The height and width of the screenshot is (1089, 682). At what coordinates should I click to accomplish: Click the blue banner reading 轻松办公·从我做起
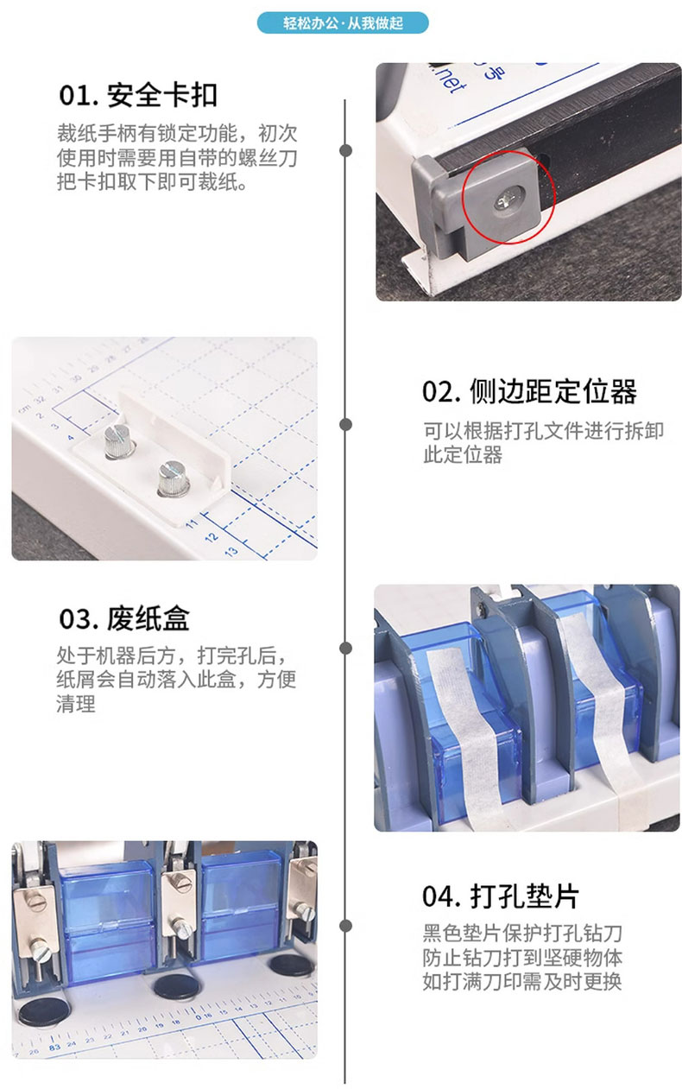pos(343,22)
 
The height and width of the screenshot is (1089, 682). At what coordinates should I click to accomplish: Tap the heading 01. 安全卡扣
pos(138,95)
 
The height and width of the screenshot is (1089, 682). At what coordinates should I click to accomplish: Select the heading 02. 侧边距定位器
pos(529,391)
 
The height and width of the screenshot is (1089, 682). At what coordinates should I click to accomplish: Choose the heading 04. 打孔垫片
pos(501,896)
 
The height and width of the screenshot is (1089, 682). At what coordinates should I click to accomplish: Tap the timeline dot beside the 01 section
pos(345,150)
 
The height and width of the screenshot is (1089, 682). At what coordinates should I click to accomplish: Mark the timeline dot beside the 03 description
pos(345,648)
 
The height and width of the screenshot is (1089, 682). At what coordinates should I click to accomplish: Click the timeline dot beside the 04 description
pos(345,925)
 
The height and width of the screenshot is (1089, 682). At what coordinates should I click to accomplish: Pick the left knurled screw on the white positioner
pos(119,440)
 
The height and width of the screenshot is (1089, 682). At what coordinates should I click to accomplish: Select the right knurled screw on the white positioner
pos(174,478)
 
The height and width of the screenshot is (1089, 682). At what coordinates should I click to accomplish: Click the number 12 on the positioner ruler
pos(212,537)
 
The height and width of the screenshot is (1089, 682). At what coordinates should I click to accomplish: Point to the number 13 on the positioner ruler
pos(231,551)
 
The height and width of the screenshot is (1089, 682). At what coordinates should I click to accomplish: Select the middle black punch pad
pos(177,986)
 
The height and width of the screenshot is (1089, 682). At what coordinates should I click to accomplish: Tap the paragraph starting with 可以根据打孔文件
pos(544,442)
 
